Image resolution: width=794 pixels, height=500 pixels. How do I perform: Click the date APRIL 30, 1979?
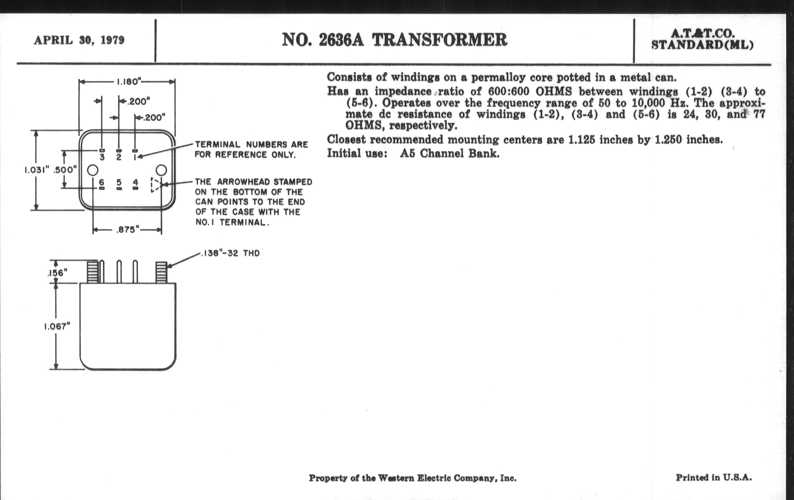(x=79, y=40)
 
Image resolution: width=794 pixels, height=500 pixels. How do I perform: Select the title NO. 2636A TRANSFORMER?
(x=394, y=40)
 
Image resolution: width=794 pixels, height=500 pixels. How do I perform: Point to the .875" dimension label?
(x=128, y=230)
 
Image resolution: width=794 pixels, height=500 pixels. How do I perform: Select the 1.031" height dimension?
(x=37, y=170)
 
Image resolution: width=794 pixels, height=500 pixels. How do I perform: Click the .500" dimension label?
(x=65, y=170)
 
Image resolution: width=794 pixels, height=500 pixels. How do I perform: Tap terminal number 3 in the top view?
(x=102, y=158)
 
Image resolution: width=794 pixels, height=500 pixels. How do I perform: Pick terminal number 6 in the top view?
(x=102, y=182)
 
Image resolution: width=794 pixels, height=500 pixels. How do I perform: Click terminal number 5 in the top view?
(x=119, y=182)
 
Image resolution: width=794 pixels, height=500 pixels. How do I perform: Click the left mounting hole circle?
(x=93, y=170)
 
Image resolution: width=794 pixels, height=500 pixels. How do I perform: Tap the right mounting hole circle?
(x=161, y=170)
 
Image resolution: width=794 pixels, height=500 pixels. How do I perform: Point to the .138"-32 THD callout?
(x=230, y=254)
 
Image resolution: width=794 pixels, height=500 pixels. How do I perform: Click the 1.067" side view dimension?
(x=57, y=326)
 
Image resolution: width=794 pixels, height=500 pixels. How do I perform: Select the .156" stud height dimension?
(x=57, y=273)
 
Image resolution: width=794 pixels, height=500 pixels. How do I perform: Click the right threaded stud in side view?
(x=161, y=272)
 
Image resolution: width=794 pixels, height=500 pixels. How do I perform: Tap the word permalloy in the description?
(x=498, y=77)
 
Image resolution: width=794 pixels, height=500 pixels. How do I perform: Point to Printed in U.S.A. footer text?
(x=714, y=477)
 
